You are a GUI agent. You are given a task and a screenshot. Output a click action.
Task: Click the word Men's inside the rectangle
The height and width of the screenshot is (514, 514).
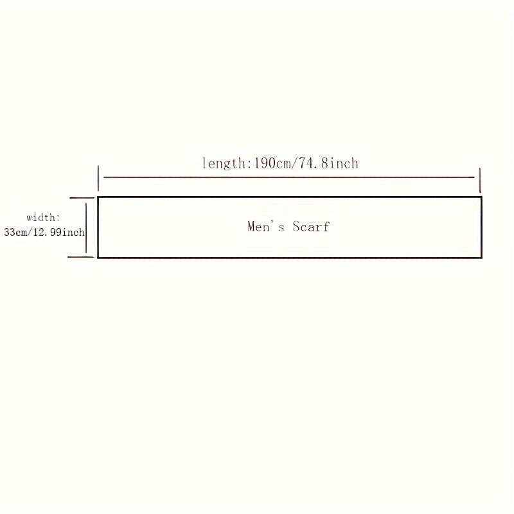[266, 226]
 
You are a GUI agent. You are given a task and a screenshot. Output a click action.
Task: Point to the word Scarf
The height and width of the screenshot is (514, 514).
[312, 226]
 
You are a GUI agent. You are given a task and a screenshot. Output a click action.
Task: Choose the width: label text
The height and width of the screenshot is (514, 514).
[43, 218]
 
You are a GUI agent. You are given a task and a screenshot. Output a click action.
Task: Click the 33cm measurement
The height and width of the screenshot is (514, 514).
[15, 233]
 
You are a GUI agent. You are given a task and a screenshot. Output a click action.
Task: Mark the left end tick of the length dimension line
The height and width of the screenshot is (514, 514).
[98, 177]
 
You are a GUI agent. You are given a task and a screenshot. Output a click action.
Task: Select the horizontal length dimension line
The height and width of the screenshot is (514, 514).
[289, 177]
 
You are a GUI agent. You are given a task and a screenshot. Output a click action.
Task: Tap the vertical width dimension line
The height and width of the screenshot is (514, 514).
[86, 227]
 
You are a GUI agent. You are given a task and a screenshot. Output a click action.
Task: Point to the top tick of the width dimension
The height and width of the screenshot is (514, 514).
[82, 199]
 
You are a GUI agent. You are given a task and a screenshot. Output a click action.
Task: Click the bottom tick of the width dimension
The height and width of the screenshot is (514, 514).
[82, 257]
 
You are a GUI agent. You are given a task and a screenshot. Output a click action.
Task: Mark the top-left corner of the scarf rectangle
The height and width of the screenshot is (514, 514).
[98, 197]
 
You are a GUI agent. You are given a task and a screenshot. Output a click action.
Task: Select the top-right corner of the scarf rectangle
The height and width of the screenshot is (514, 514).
[481, 197]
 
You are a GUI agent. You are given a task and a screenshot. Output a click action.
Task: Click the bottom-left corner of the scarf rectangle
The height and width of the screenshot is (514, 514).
[98, 258]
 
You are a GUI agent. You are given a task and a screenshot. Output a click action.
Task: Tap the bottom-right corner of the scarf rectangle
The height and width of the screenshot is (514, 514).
[481, 258]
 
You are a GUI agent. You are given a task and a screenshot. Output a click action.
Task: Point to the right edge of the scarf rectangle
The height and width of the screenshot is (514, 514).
[481, 227]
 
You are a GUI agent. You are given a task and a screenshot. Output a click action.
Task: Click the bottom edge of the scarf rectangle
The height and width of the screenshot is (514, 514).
[289, 258]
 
